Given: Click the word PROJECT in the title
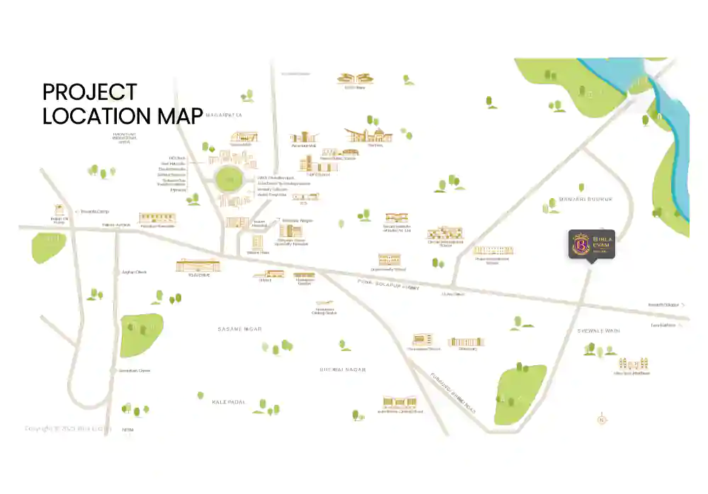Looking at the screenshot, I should [89, 92].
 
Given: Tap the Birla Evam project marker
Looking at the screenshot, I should [592, 245].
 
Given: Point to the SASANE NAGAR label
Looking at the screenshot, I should [239, 329].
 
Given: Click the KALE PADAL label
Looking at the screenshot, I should [229, 402].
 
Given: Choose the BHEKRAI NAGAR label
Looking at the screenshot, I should [343, 369].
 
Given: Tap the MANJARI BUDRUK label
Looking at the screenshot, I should [584, 200].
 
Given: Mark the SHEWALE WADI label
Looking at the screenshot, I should [598, 330].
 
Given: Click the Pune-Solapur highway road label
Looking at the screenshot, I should [386, 285].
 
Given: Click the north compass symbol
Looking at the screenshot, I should [603, 419].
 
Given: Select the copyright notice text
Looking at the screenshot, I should [68, 428].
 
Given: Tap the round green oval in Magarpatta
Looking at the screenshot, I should [229, 180].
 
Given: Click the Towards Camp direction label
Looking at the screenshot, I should [93, 211].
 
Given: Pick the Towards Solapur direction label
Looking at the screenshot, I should [663, 305].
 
